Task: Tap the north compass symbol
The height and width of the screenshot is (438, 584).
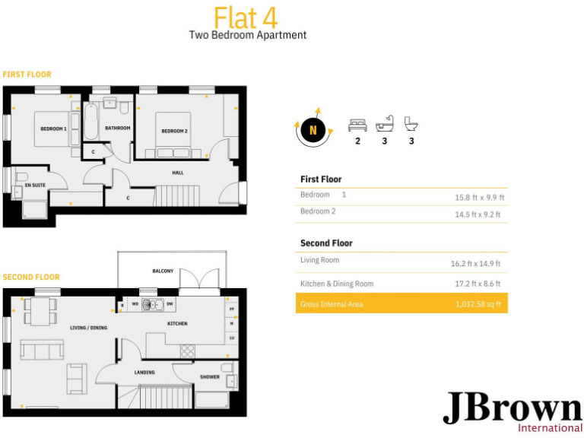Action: pos(313,131)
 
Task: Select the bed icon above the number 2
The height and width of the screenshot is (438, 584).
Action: pos(357,125)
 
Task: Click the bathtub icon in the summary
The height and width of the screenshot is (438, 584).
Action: pos(385,124)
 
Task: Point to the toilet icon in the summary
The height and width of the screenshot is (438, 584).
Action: pos(411,124)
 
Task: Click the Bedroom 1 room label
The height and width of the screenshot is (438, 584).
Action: pos(54,129)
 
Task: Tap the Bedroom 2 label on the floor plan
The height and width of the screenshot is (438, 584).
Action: pos(174,131)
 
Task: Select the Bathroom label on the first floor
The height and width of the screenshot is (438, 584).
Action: pos(118,128)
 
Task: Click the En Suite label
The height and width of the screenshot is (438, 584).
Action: pos(33,185)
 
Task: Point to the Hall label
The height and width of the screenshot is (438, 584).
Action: pos(177,173)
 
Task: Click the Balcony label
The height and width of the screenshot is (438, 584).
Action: pos(162,271)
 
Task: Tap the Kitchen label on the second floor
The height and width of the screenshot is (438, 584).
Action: pos(177,323)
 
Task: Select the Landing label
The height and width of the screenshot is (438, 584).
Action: pos(144,372)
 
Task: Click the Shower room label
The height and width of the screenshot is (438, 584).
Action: pos(210,376)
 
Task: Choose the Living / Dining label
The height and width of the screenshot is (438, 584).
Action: pos(88,328)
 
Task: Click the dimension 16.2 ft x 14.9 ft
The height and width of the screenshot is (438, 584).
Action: pos(476,264)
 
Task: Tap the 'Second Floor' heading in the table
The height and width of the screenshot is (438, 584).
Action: pos(326,243)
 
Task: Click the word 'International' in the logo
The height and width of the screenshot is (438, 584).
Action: pos(550,427)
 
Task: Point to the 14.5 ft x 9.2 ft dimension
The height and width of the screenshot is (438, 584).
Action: pos(478,214)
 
